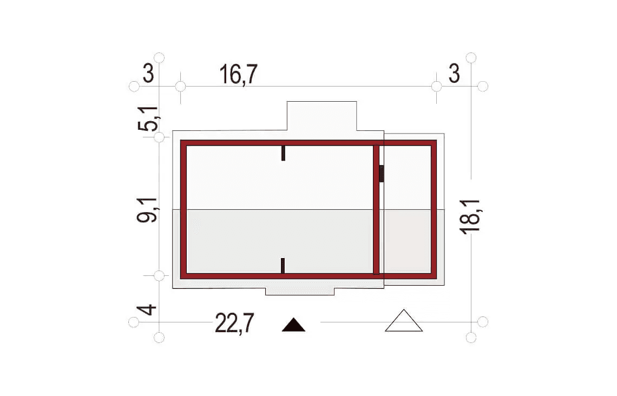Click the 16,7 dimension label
point(239,74)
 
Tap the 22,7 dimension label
point(234,324)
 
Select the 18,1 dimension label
point(471,217)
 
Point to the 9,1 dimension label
point(147,210)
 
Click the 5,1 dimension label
point(148,119)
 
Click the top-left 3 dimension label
point(148,74)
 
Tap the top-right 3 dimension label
point(454,74)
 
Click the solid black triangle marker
point(293,325)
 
